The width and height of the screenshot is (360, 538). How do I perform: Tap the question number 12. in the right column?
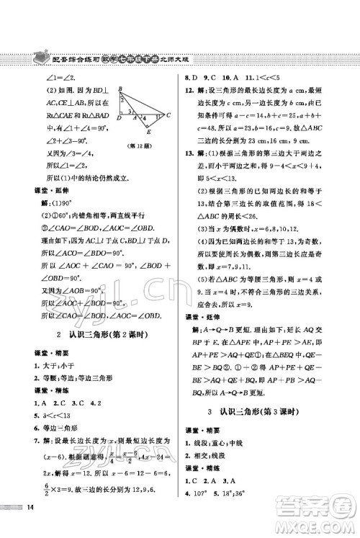(x=190, y=88)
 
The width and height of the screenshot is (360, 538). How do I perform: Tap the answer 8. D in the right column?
(x=192, y=76)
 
